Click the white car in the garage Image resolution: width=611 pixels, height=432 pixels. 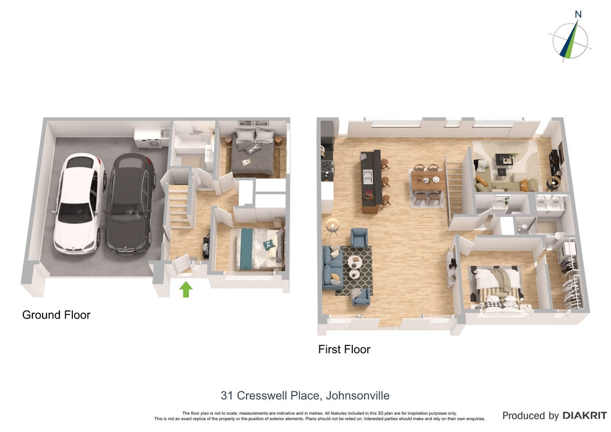coord(78,204)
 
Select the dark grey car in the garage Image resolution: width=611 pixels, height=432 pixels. coord(131,204)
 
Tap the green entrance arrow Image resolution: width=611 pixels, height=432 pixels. coord(186,289)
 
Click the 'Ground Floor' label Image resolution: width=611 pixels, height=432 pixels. coord(56,315)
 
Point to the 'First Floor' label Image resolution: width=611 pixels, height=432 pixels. coord(344,349)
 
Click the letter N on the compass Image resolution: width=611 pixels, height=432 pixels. coord(578,15)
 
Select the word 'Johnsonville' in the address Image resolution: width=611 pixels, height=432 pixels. coord(358,396)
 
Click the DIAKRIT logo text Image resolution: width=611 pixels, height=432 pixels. coord(585,416)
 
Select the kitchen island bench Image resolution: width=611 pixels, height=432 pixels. coord(370,181)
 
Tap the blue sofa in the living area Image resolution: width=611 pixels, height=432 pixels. coord(332,267)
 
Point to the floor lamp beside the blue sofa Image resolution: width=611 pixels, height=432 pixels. coord(332,228)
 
